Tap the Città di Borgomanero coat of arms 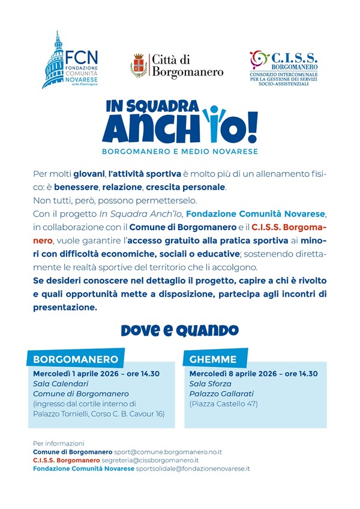(x=139, y=65)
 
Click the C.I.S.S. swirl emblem (x=259, y=59)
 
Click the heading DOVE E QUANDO (x=179, y=330)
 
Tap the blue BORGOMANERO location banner (x=75, y=360)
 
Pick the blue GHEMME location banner (x=213, y=360)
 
